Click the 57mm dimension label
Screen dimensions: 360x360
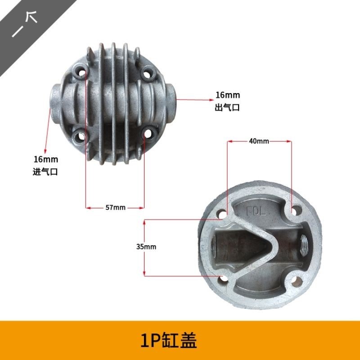tap(116, 207)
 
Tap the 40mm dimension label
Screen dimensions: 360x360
tap(259, 141)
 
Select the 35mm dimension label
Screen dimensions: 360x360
tap(146, 247)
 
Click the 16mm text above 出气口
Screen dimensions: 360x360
tap(228, 95)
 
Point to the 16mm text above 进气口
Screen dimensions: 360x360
tap(46, 159)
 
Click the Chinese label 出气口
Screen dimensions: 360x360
tap(227, 107)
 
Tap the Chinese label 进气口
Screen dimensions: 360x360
tap(45, 171)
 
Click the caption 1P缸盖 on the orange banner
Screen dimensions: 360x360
tap(168, 341)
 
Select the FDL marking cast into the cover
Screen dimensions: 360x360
tap(256, 211)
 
